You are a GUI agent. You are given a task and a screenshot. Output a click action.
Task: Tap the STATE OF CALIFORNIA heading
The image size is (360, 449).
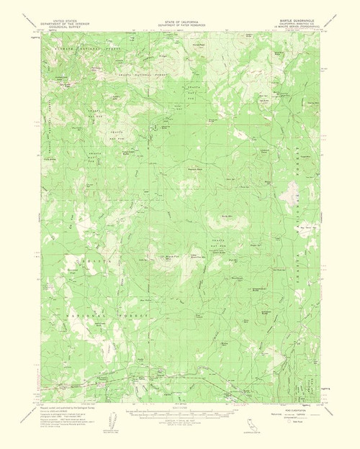point(179,21)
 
